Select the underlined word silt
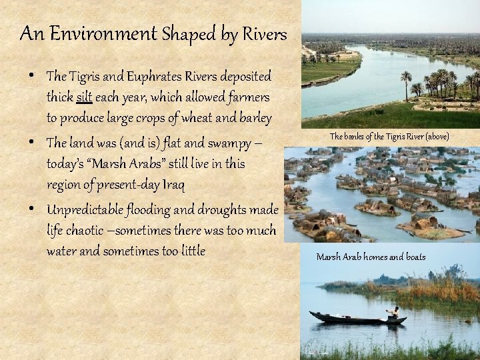(84, 97)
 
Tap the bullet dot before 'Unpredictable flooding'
(33, 209)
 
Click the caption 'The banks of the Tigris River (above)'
(389, 136)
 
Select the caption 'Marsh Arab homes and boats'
(371, 257)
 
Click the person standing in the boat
(395, 311)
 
